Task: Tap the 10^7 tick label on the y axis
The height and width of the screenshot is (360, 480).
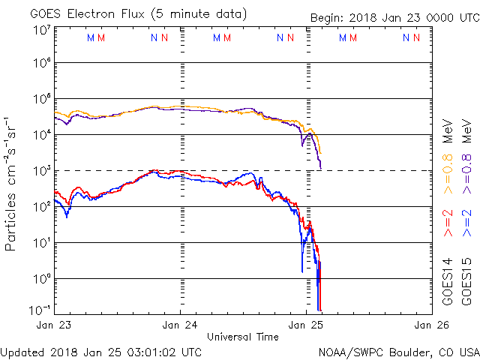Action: click(41, 30)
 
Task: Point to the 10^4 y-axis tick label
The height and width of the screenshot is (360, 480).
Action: click(41, 135)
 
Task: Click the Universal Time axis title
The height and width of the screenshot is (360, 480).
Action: click(242, 337)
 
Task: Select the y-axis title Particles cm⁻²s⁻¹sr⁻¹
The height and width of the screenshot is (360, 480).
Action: click(13, 183)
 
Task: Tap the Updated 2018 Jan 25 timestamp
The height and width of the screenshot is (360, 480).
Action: click(100, 351)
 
